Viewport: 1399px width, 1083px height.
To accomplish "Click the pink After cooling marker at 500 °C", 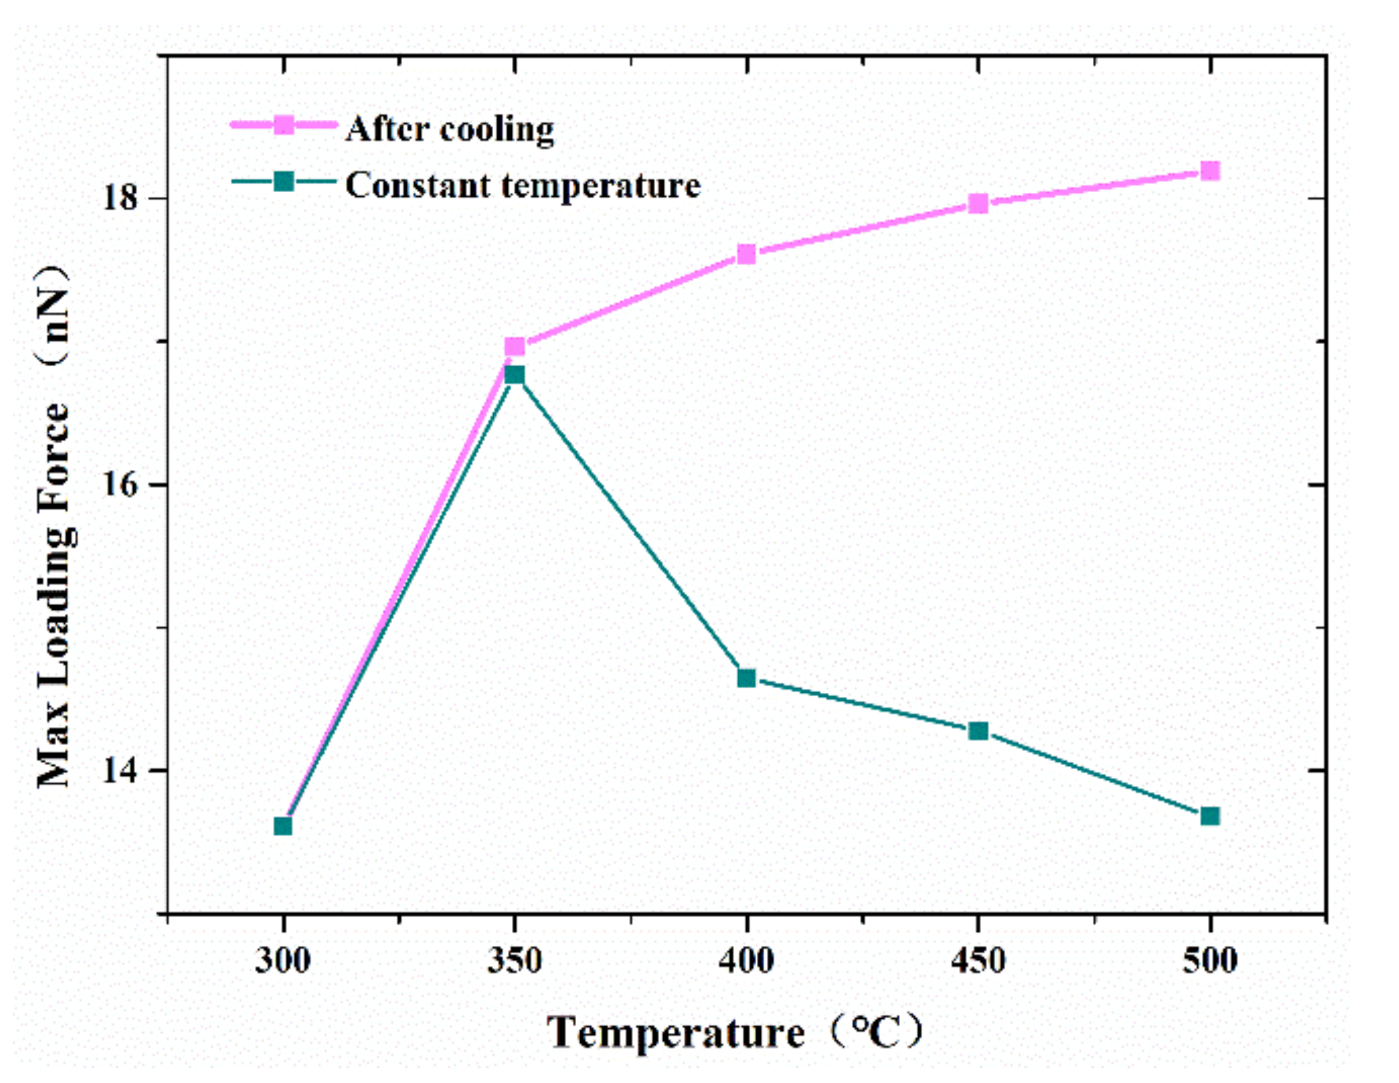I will point(1210,171).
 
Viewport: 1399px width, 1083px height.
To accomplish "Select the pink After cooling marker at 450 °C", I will point(978,204).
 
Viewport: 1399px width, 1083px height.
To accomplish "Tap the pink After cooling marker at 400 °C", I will point(746,254).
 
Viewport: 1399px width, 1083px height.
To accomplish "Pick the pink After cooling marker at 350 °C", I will point(514,346).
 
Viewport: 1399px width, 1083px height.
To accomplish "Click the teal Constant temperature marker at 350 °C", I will point(514,374).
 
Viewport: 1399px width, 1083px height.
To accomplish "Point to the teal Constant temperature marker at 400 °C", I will point(746,678).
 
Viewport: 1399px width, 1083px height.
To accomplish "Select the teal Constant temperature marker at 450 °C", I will point(978,731).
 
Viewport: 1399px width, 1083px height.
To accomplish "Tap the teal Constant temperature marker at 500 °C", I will point(1210,816).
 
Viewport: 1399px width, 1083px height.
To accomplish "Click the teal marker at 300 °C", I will point(283,825).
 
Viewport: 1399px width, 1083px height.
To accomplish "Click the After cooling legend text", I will point(450,129).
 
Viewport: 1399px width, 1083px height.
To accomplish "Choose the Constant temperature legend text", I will point(522,186).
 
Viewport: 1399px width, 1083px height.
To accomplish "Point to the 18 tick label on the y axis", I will point(121,198).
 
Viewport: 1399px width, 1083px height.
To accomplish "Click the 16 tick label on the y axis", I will point(121,485).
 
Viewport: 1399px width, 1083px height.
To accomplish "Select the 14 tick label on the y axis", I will point(121,770).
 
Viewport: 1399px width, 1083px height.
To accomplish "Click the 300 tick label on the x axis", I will point(282,961).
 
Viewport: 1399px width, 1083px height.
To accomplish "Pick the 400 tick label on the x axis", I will point(746,961).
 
